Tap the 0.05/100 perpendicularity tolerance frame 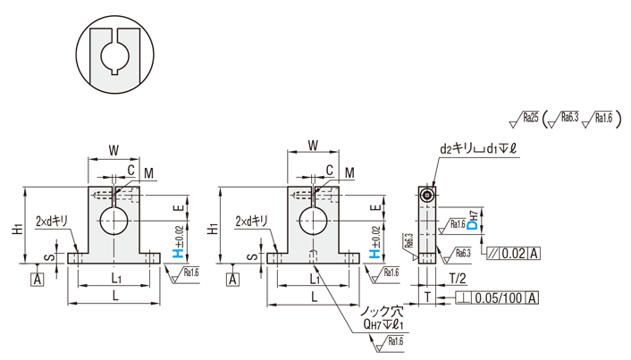(496, 297)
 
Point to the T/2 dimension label (457, 278)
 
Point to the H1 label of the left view (18, 229)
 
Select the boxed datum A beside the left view (38, 280)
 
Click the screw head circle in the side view (429, 194)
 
